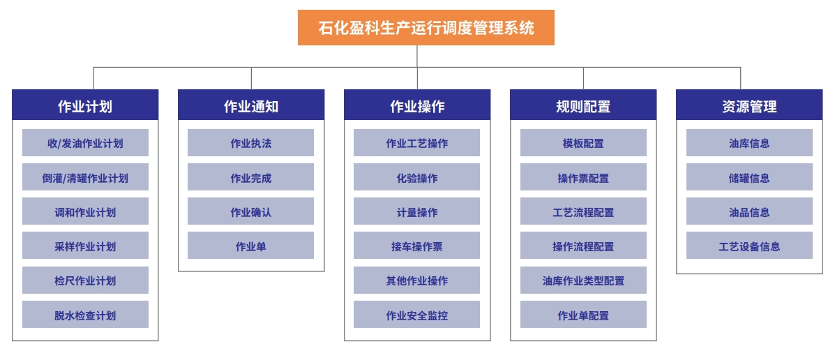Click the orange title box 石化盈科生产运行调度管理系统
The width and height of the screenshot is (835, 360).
[x=426, y=27]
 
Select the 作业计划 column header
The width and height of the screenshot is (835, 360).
[x=85, y=105]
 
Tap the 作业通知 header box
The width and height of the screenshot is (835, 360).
[x=251, y=105]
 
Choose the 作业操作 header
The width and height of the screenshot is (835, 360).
[x=417, y=105]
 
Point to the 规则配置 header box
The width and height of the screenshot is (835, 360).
[x=583, y=105]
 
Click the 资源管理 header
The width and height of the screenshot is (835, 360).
[x=749, y=105]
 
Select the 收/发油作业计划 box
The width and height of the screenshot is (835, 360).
[x=85, y=143]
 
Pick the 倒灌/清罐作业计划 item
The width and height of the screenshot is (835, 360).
[x=85, y=177]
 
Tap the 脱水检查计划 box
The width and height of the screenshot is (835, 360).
[x=85, y=315]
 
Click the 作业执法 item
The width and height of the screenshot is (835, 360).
[x=251, y=143]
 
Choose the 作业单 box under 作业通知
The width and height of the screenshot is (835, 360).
[x=251, y=246]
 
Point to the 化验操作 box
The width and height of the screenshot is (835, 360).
[x=417, y=177]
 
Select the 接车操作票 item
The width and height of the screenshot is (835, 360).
[x=417, y=246]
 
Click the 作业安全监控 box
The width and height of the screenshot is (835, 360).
[x=417, y=315]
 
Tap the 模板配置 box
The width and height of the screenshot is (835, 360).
[x=583, y=143]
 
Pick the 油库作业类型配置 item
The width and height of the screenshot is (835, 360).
[x=583, y=280]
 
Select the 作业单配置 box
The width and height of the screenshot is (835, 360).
[x=583, y=315]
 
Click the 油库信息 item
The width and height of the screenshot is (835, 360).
[x=749, y=143]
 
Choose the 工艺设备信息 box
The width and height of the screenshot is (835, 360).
[x=749, y=246]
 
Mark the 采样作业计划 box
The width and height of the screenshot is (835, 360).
[x=85, y=246]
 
